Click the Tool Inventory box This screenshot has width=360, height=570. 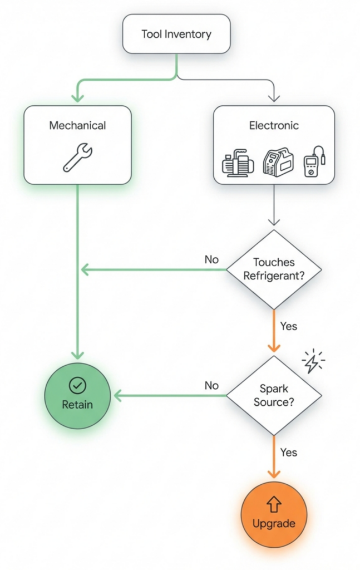[x=176, y=34]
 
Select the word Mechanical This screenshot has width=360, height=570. [x=77, y=125]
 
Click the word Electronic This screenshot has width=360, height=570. [x=274, y=125]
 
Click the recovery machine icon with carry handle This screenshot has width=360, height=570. [x=277, y=162]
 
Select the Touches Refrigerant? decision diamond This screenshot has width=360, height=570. [x=274, y=269]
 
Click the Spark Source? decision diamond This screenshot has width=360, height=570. [x=274, y=395]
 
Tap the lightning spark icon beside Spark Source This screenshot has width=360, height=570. [x=313, y=362]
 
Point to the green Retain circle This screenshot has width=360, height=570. [x=78, y=396]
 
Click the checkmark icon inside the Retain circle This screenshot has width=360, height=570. [x=77, y=385]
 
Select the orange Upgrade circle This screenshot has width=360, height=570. [x=274, y=515]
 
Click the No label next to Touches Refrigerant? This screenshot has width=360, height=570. [x=211, y=259]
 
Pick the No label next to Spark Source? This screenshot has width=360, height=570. [x=211, y=385]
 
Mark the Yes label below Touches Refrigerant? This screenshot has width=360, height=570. [x=289, y=326]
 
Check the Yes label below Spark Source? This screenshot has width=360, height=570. [x=289, y=452]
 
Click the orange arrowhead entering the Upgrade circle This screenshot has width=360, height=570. [x=274, y=473]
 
